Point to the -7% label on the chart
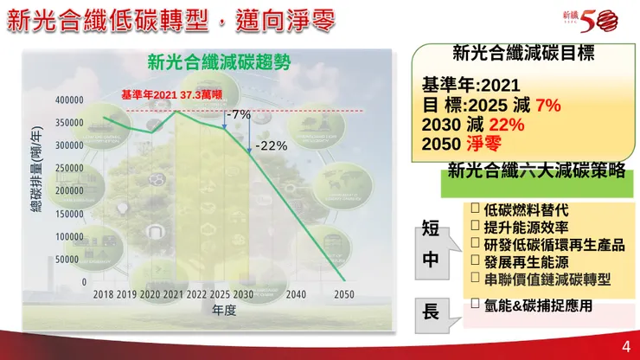(x=238, y=114)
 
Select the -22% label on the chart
(x=272, y=145)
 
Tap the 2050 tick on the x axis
(x=344, y=294)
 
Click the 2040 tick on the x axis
(x=296, y=294)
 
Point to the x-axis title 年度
(x=224, y=311)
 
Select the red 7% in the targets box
(x=548, y=106)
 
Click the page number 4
(x=625, y=347)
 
